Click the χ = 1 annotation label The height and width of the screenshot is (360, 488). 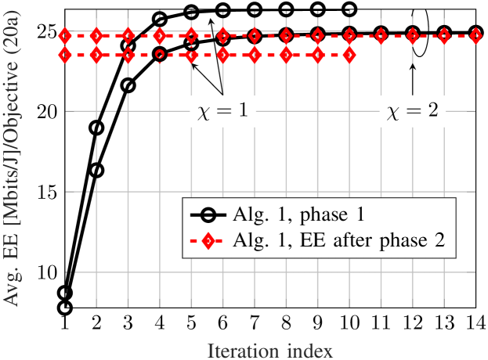point(222,112)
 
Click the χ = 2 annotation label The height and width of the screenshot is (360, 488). point(413,112)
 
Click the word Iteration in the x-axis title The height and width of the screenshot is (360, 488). point(241,351)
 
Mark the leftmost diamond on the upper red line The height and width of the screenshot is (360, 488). point(64,36)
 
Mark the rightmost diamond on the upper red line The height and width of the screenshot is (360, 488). point(475,36)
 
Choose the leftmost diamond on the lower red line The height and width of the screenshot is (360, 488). point(64,56)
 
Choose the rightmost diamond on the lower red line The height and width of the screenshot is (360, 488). point(349,56)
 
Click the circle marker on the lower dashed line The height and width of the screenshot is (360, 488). point(160,56)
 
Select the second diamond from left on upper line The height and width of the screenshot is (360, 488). point(96,36)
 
